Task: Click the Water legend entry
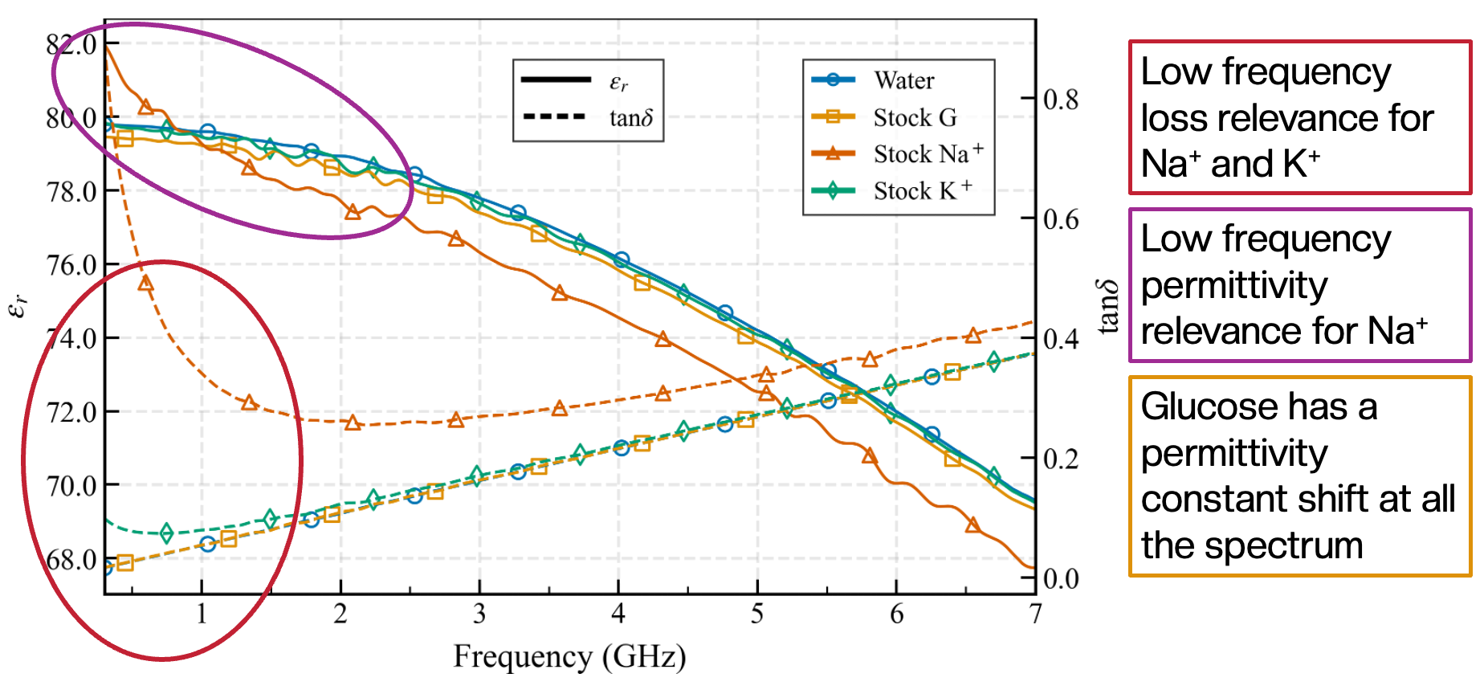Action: [903, 80]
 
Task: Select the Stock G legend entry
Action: [914, 117]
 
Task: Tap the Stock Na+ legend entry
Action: [927, 153]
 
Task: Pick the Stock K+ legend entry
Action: [921, 191]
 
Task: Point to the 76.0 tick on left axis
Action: [72, 264]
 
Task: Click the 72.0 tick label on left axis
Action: [72, 412]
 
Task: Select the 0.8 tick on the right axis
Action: [1061, 99]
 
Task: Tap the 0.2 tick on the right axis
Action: [1061, 459]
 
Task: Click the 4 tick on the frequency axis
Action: [618, 614]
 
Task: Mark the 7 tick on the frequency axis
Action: [1035, 614]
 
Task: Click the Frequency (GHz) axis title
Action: [569, 657]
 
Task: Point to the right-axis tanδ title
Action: [1108, 306]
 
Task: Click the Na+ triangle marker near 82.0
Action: [145, 107]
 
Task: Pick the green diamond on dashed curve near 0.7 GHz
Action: [166, 533]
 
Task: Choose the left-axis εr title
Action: [18, 305]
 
